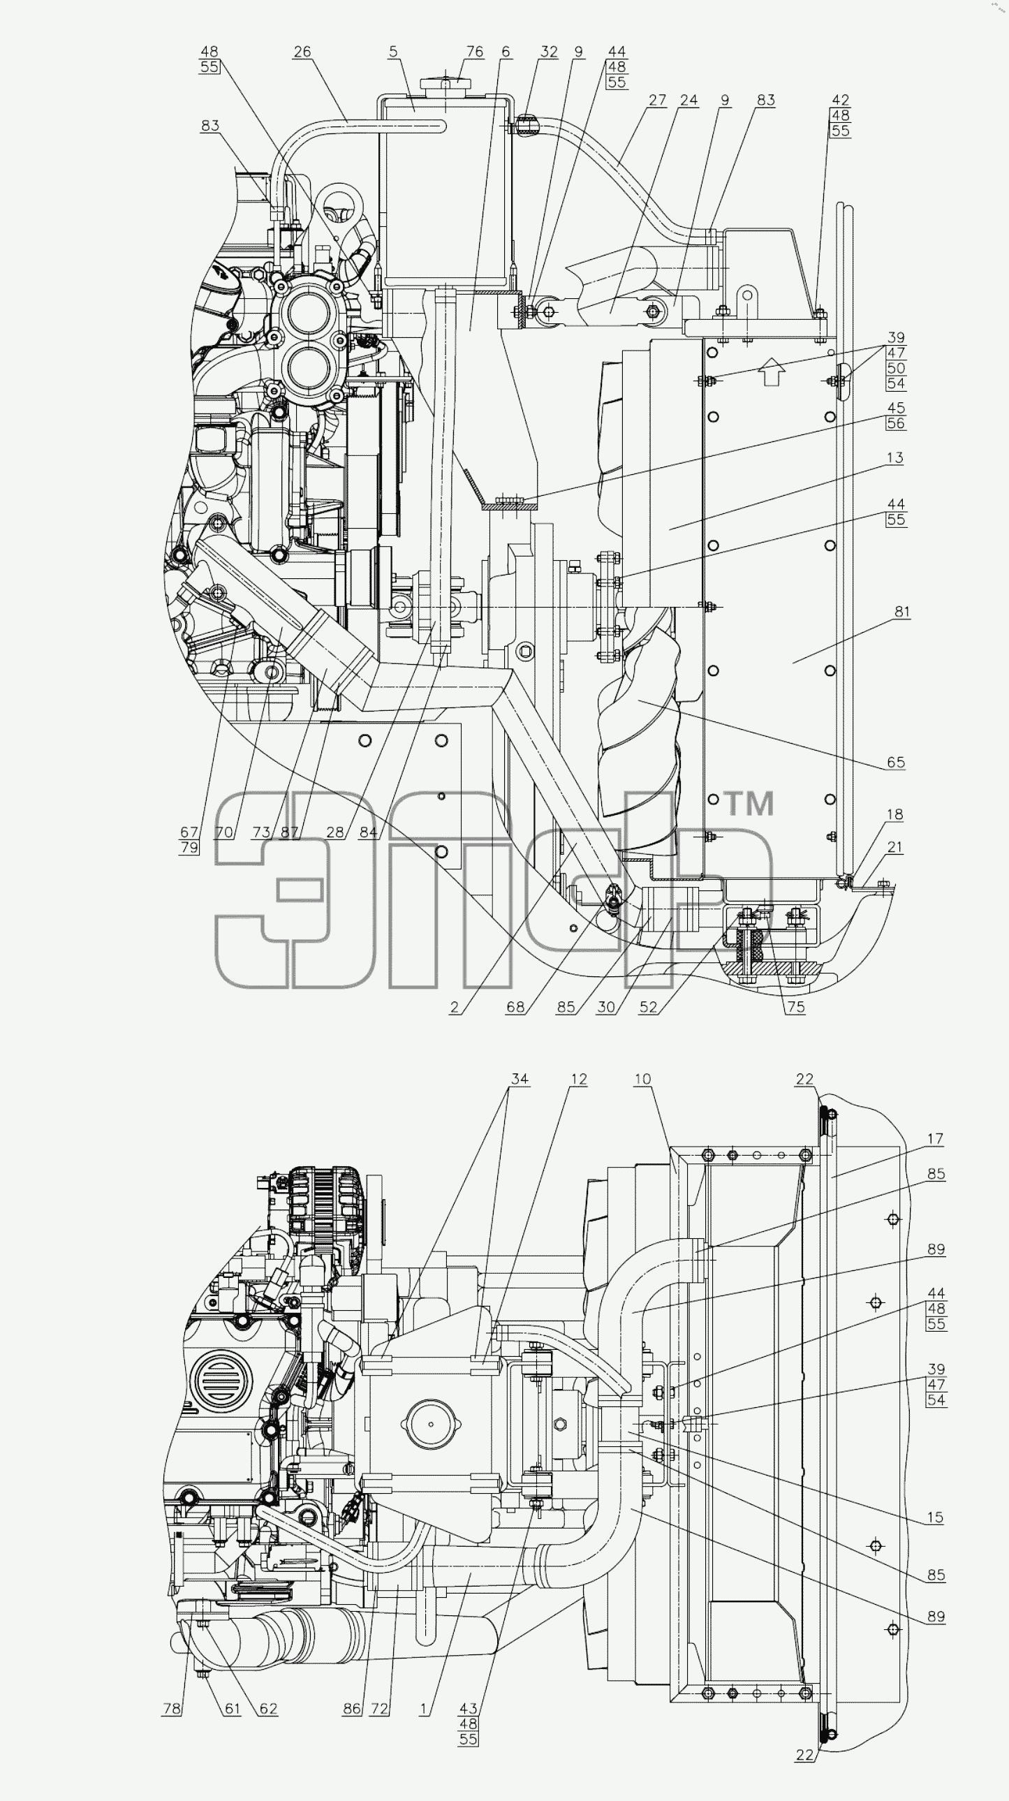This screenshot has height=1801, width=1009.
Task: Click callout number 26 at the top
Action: [302, 52]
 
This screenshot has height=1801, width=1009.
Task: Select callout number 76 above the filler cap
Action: [475, 52]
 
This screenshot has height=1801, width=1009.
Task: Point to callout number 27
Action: [657, 100]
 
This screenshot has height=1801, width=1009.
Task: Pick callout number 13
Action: [895, 458]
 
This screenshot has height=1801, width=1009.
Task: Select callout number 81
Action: [902, 612]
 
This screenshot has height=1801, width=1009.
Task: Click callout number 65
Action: [896, 762]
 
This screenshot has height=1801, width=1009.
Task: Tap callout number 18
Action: [895, 814]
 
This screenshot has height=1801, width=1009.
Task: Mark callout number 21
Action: [895, 846]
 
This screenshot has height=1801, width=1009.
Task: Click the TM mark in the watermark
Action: [747, 804]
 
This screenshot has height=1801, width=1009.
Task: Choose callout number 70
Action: [223, 832]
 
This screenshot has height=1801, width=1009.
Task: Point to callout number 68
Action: [515, 1007]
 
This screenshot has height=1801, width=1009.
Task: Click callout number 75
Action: [796, 1007]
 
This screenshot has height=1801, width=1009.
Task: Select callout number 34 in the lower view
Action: [520, 1079]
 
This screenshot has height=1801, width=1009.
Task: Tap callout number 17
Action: [936, 1139]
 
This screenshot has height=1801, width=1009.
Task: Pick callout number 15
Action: [936, 1518]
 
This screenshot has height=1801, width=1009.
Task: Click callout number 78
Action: [171, 1709]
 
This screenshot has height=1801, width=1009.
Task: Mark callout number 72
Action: [379, 1709]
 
